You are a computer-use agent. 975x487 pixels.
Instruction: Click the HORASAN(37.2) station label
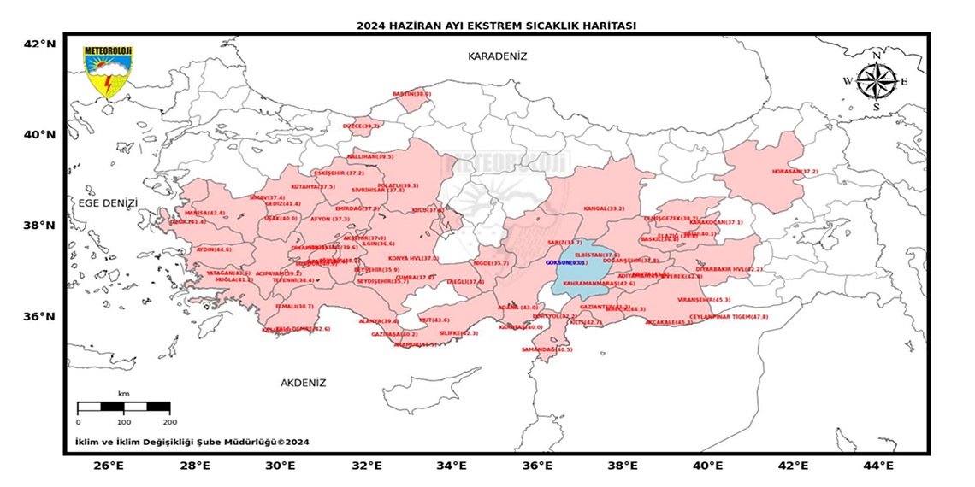pyautogui.click(x=795, y=172)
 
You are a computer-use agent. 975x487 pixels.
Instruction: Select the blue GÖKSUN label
pyautogui.click(x=565, y=263)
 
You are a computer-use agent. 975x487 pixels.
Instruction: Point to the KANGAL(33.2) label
pyautogui.click(x=604, y=208)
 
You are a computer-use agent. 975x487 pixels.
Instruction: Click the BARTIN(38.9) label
pyautogui.click(x=411, y=94)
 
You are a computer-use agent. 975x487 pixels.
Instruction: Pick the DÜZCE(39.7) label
pyautogui.click(x=361, y=126)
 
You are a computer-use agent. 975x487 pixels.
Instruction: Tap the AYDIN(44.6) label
pyautogui.click(x=214, y=249)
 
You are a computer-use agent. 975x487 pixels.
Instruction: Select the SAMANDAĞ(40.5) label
pyautogui.click(x=547, y=349)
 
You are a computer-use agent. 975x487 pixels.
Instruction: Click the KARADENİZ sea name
pyautogui.click(x=497, y=56)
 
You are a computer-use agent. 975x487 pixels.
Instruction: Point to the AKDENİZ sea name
pyautogui.click(x=303, y=383)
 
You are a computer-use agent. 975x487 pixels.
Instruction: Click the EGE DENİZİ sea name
pyautogui.click(x=108, y=203)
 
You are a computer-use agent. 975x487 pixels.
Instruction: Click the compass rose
pyautogui.click(x=877, y=82)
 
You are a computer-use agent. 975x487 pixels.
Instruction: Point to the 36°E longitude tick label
pyautogui.click(x=536, y=466)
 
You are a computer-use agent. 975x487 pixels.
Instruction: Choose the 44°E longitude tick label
pyautogui.click(x=878, y=466)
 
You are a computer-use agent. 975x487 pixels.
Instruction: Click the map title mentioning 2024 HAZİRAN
pyautogui.click(x=496, y=26)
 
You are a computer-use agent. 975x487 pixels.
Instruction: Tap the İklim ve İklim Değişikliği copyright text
pyautogui.click(x=192, y=442)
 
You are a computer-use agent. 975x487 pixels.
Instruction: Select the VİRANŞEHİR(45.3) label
pyautogui.click(x=704, y=300)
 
